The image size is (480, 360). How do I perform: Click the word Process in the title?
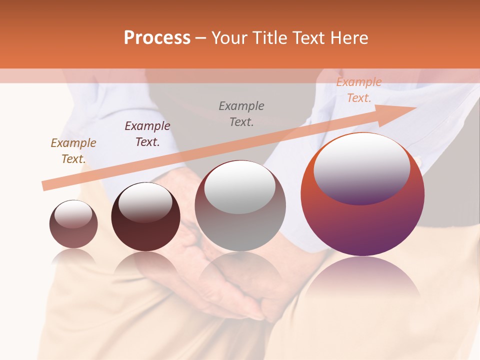(157, 38)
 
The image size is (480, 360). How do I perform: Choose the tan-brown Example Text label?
(73, 151)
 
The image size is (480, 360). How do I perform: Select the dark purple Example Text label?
(147, 134)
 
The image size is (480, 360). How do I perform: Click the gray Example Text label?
(241, 114)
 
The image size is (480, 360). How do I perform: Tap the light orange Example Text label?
(359, 90)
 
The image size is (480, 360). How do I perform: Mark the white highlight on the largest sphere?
(361, 169)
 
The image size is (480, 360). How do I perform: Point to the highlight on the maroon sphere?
(145, 202)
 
